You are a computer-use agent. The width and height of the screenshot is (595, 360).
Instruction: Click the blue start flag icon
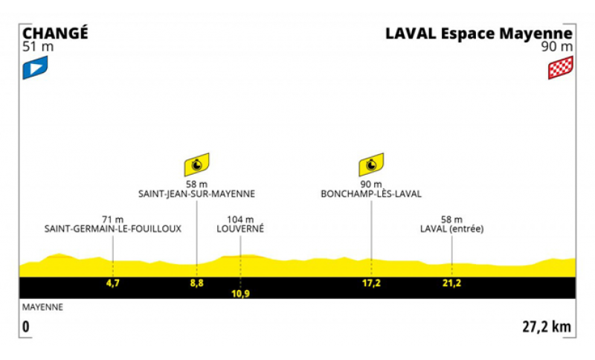(35, 68)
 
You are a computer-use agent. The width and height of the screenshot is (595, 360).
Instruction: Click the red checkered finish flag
(561, 68)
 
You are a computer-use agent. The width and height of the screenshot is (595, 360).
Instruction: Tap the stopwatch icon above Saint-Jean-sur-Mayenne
(196, 164)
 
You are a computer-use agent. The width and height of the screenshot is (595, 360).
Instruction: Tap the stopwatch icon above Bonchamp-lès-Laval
(371, 164)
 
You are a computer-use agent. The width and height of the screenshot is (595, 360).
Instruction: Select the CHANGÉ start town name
(55, 33)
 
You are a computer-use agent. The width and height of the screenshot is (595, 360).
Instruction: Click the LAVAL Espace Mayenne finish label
(479, 33)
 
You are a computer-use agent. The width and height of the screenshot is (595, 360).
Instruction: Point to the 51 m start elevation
(38, 47)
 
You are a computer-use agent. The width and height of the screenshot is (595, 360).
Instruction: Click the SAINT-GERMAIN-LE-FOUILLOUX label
(113, 229)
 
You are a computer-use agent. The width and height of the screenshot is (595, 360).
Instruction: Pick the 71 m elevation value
(113, 219)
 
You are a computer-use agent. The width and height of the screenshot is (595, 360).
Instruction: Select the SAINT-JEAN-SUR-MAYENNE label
(196, 194)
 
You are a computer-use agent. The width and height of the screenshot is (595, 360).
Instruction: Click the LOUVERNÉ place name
(240, 229)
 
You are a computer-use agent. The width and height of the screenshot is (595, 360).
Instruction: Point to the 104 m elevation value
(240, 219)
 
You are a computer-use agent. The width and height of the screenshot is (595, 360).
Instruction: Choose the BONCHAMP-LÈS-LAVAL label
(371, 194)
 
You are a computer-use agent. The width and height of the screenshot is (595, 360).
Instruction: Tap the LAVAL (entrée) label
(452, 229)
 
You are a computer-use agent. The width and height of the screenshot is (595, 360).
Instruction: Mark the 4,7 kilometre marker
(113, 283)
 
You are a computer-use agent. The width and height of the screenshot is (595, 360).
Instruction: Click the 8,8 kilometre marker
(196, 283)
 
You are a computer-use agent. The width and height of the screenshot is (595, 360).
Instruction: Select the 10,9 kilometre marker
(240, 294)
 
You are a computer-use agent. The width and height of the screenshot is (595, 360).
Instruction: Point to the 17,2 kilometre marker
(371, 283)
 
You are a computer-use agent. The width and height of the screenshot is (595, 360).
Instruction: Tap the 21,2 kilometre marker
(451, 283)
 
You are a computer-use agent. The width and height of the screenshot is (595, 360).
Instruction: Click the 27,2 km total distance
(547, 327)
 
